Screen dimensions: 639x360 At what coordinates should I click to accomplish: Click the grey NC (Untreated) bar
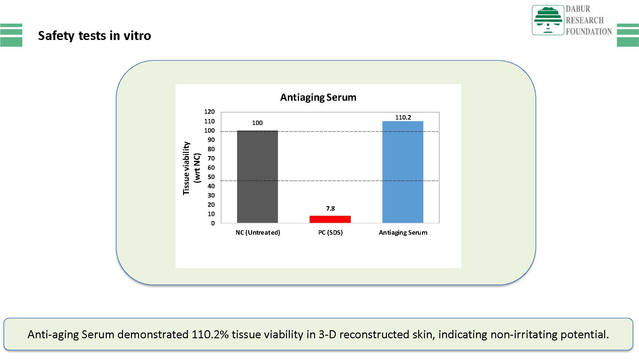[x=258, y=176]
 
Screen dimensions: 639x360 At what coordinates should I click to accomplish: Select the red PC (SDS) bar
[x=330, y=219]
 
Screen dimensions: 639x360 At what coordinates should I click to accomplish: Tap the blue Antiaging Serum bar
[x=403, y=172]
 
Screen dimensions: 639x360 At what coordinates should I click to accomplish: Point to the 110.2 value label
[x=403, y=117]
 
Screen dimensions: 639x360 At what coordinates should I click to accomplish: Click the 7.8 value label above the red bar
[x=330, y=208]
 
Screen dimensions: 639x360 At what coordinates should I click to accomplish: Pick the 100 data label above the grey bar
[x=257, y=123]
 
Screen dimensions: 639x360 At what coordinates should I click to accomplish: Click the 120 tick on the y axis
[x=210, y=112]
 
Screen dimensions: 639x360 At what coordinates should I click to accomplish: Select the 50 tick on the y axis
[x=211, y=177]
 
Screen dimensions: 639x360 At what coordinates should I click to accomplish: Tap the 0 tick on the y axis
[x=213, y=223]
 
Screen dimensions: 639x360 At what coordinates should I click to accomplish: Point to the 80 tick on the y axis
[x=211, y=149]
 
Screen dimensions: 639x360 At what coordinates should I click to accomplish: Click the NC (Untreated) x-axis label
[x=258, y=232]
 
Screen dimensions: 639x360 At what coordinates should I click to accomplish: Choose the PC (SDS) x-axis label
[x=330, y=232]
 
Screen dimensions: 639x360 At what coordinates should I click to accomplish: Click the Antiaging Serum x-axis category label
[x=403, y=232]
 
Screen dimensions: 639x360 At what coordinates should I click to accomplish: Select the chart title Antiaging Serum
[x=318, y=97]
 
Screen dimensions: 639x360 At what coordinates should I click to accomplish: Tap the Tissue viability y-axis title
[x=186, y=168]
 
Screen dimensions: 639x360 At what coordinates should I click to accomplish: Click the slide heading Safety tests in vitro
[x=95, y=35]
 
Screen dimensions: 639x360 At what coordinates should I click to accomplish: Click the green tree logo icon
[x=548, y=20]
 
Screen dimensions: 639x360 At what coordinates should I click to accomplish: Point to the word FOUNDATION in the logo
[x=589, y=31]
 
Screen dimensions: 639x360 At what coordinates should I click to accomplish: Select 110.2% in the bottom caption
[x=210, y=334]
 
